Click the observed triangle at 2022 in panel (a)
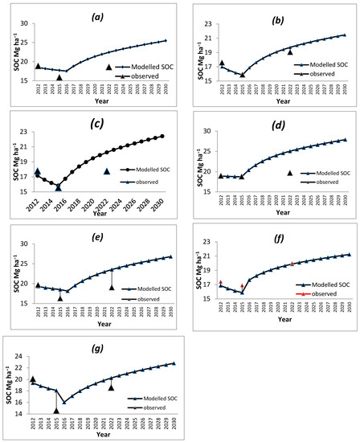click(x=110, y=67)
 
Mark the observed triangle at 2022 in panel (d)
click(x=290, y=173)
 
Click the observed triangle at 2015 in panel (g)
click(x=56, y=411)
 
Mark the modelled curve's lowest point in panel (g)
click(x=64, y=403)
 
